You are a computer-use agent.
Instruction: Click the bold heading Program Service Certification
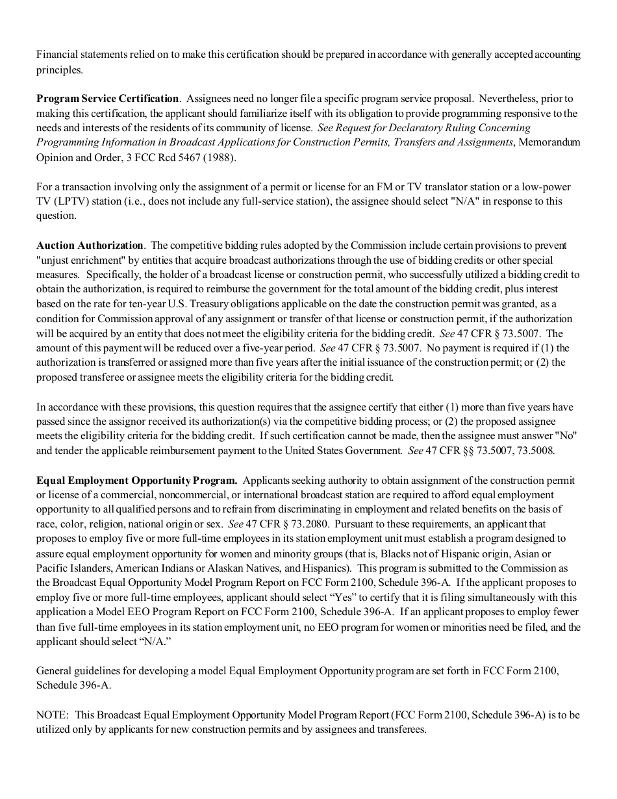pyautogui.click(x=107, y=99)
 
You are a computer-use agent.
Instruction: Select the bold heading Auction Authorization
pyautogui.click(x=90, y=246)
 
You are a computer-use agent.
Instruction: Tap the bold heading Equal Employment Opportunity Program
pyautogui.click(x=137, y=481)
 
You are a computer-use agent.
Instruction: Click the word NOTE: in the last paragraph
pyautogui.click(x=53, y=715)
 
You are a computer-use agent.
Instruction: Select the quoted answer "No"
pyautogui.click(x=568, y=436)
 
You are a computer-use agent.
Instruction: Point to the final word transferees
pyautogui.click(x=400, y=729)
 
